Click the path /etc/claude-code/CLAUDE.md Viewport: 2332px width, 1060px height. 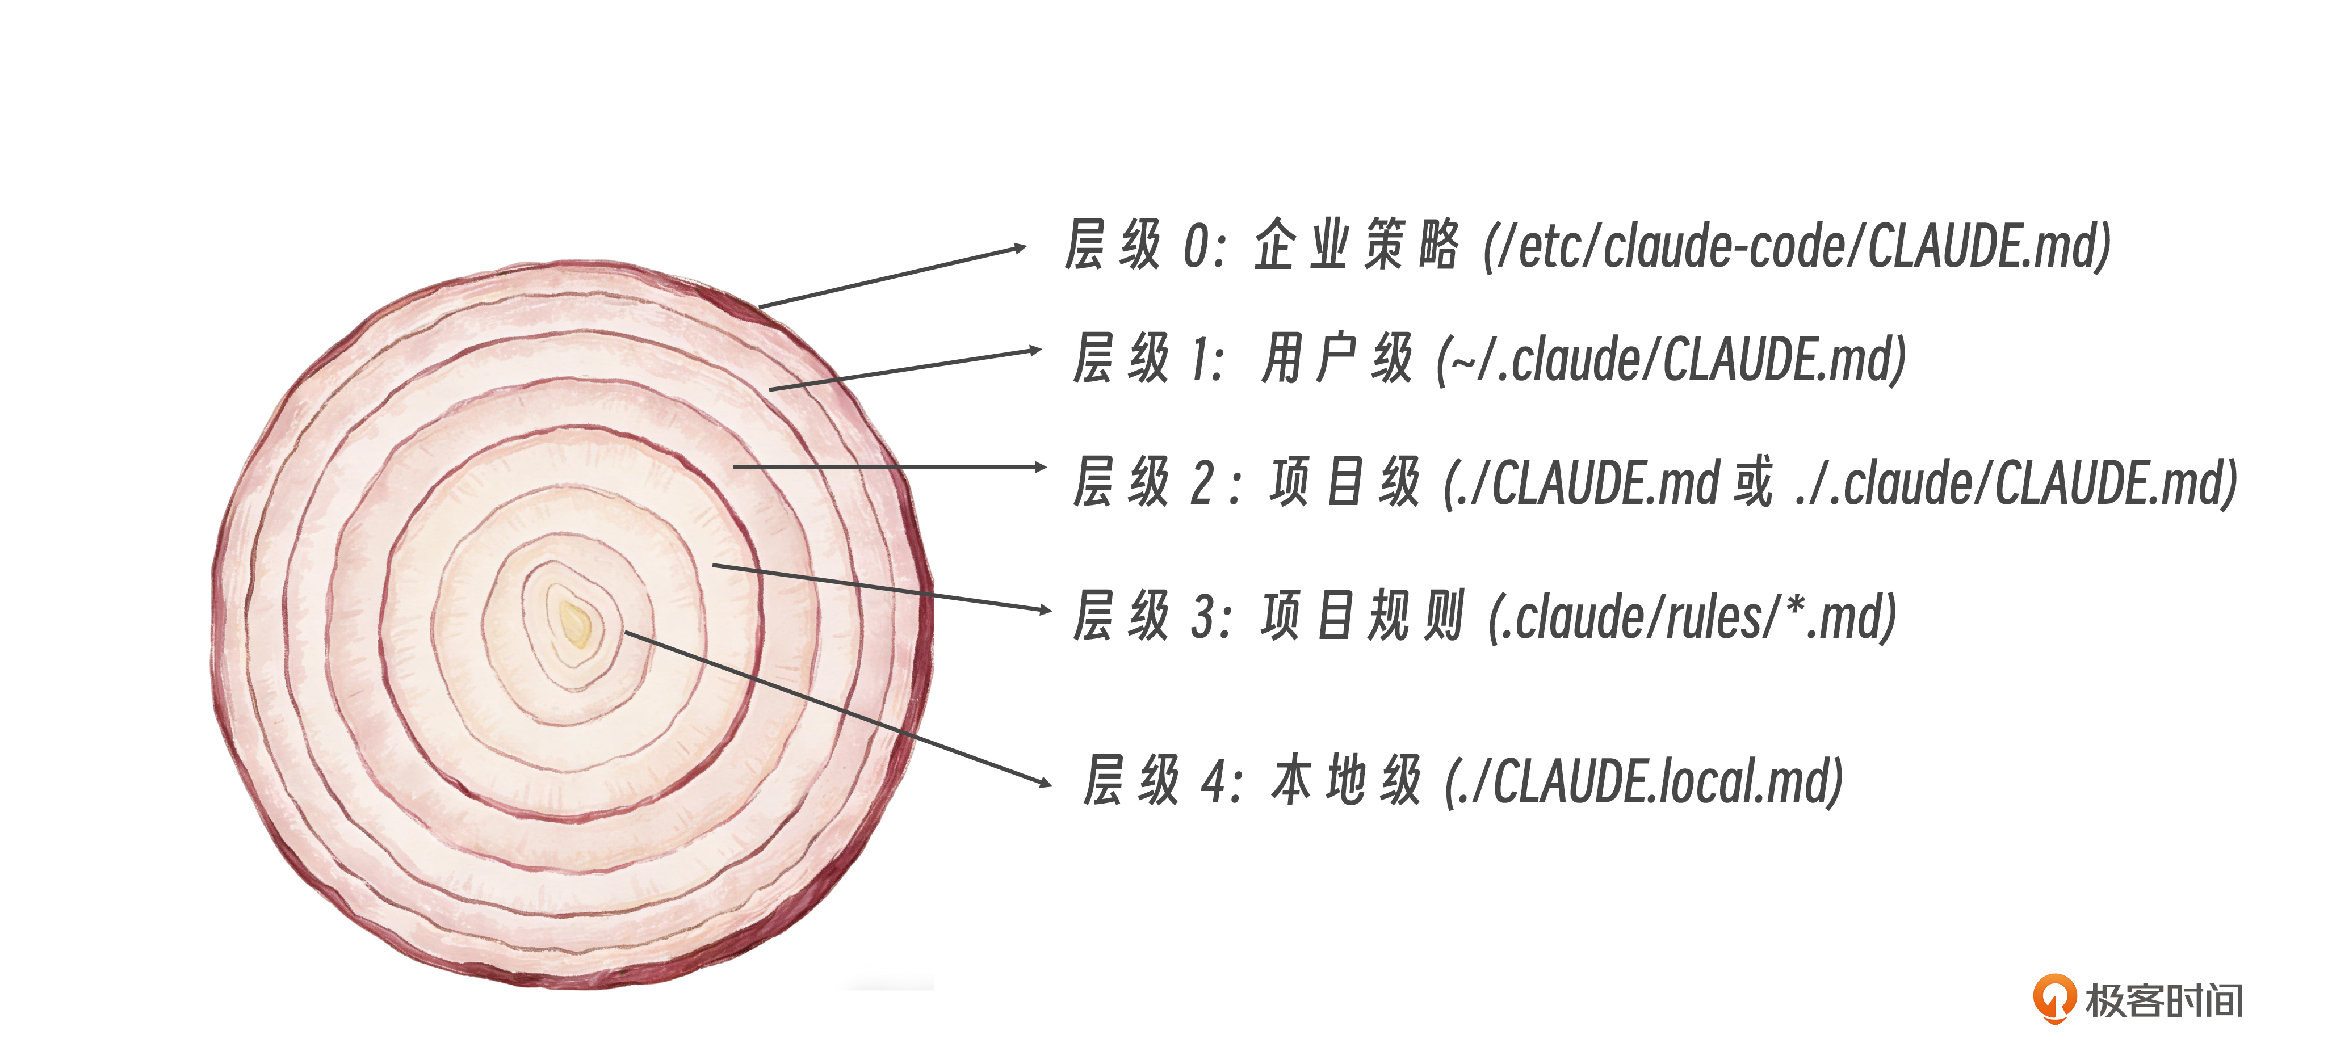point(1797,246)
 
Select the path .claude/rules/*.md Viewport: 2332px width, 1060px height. point(1692,617)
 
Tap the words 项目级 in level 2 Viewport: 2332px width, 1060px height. point(1345,482)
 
